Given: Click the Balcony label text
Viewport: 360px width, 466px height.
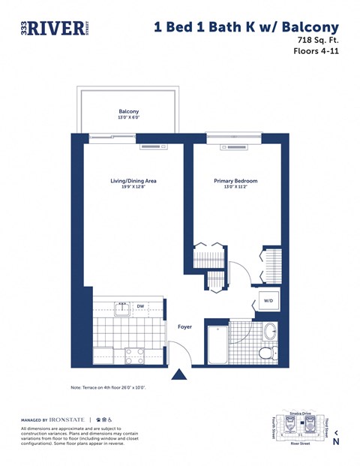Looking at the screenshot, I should (128, 111).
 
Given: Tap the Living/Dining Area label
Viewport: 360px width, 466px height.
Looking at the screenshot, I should (133, 181).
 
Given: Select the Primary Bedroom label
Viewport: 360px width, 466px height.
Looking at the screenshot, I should (235, 181).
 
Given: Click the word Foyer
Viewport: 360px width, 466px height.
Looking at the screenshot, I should (185, 326).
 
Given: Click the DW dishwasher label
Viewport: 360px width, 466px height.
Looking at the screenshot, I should (140, 306).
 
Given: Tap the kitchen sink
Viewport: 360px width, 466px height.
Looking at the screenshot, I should (121, 308).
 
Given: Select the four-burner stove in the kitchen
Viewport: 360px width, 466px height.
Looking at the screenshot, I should (135, 356).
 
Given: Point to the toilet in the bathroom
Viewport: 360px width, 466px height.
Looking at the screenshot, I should (266, 353).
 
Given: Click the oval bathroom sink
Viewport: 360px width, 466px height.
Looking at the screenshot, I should (270, 331).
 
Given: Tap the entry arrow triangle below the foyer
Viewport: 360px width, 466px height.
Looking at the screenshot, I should (179, 374).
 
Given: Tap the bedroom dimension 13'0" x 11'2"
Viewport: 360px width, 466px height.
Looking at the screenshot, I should (235, 188).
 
